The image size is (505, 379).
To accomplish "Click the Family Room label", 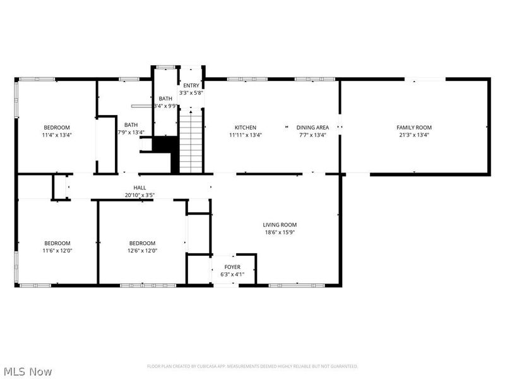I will (x=414, y=128).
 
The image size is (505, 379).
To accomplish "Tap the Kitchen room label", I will (x=245, y=128).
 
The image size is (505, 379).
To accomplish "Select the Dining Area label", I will (x=312, y=128).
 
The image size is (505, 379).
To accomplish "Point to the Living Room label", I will (x=280, y=225).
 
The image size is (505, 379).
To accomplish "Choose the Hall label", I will (x=140, y=188).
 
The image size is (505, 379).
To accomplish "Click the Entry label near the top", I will (x=191, y=85).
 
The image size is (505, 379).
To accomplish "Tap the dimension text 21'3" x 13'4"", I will (x=414, y=135).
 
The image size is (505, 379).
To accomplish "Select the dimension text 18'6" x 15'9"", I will (x=280, y=232).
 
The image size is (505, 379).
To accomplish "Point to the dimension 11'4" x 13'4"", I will (x=57, y=135).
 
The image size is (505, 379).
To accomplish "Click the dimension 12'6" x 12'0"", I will (x=143, y=251).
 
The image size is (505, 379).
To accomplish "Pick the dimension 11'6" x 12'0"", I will (x=57, y=251).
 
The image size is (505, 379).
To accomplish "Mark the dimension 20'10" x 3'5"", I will (x=140, y=195).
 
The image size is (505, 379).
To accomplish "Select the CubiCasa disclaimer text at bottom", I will (x=252, y=366).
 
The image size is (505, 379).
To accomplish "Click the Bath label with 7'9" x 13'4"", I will (x=131, y=125).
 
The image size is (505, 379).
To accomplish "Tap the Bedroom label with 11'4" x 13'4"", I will (x=57, y=128).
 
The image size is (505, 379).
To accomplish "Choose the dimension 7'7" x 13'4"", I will (x=312, y=135).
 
